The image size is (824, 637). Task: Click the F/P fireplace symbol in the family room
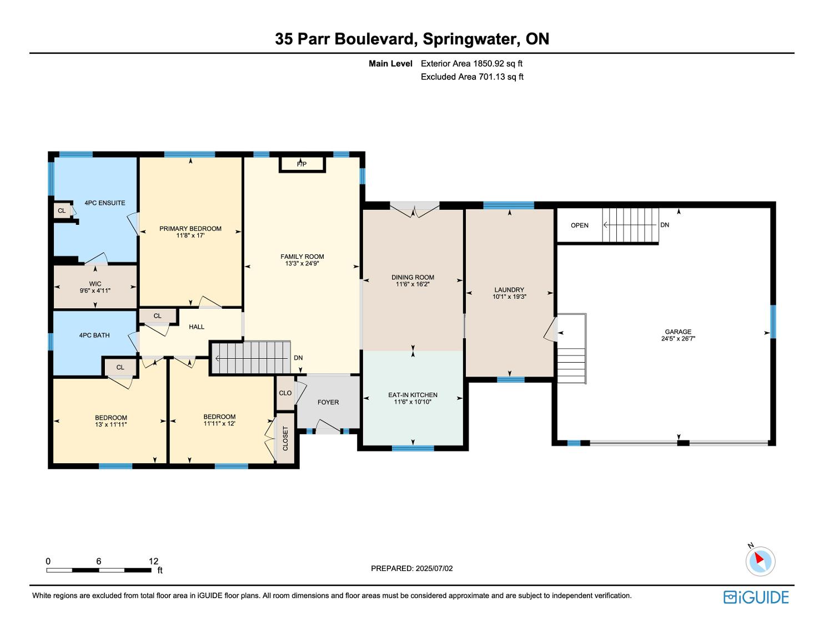[x=302, y=164]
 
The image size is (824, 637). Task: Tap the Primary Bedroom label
[x=190, y=228]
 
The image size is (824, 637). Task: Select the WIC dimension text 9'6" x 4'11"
[x=95, y=290]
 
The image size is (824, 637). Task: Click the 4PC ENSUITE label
[x=104, y=203]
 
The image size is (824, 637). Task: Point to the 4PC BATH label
[x=94, y=335]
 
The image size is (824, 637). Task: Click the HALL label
[x=197, y=327]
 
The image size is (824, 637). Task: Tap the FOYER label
[x=328, y=402]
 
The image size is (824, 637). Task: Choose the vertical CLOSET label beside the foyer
[x=285, y=438]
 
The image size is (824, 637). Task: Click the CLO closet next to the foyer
[x=285, y=393]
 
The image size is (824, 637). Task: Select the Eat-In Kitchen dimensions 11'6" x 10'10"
[x=413, y=402]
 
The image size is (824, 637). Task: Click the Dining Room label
[x=413, y=277]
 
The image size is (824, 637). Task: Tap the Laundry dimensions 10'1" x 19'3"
[x=509, y=297]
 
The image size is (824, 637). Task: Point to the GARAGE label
[x=678, y=332]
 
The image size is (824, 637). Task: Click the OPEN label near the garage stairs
[x=580, y=225]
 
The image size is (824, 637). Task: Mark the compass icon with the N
[x=760, y=561]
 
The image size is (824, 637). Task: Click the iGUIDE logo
[x=756, y=597]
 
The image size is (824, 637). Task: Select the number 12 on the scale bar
[x=153, y=561]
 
